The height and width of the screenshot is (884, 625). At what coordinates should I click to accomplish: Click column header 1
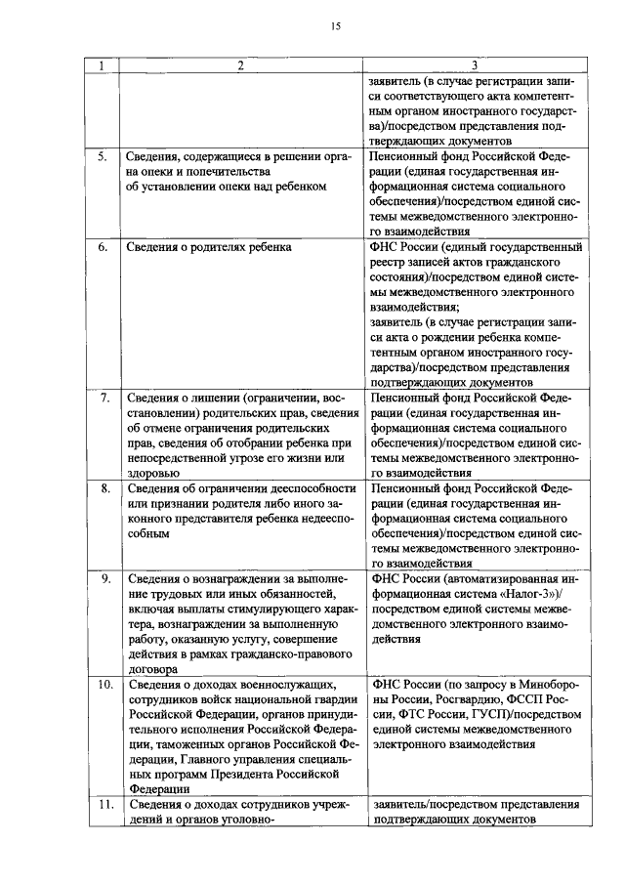point(100,65)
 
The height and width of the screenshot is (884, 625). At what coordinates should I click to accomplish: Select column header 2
point(239,65)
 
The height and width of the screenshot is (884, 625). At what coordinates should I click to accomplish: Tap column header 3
point(475,65)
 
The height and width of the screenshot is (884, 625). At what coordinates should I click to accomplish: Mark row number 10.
point(103,685)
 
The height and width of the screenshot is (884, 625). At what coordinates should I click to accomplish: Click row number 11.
point(103,805)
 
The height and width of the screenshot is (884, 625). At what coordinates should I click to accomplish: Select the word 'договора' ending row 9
point(153,670)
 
